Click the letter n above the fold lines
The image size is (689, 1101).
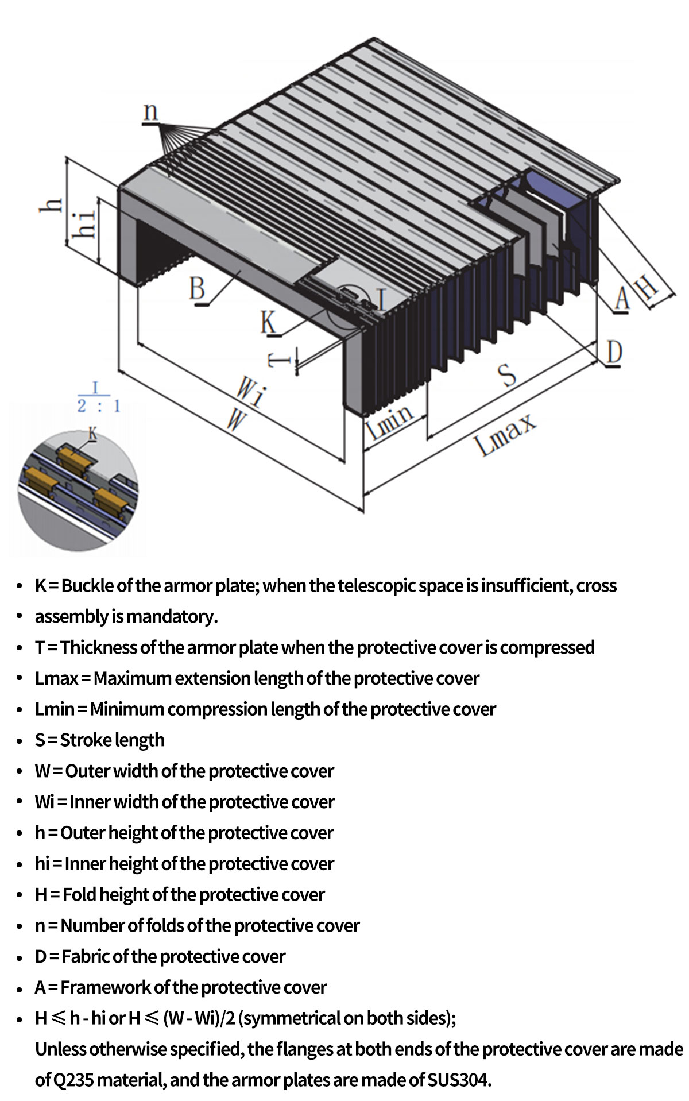coord(150,111)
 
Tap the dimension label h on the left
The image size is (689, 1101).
coord(52,205)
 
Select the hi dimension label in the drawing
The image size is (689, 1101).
coord(85,223)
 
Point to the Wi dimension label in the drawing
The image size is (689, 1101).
coord(251,392)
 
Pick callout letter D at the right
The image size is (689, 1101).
coord(614,351)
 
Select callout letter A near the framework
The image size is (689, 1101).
coord(621,298)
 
